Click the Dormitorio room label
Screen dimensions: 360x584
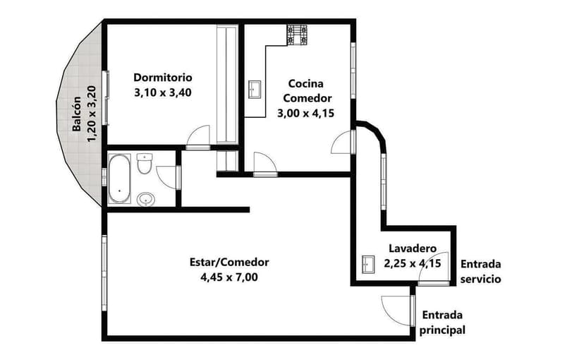tap(163, 77)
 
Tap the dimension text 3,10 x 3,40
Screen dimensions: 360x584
tap(163, 92)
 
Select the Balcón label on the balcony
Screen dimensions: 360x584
tap(77, 114)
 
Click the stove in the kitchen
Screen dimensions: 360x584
tap(297, 35)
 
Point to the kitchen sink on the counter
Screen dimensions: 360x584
tap(255, 90)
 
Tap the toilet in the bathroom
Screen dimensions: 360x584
tap(145, 164)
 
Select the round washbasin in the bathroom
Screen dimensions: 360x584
tap(146, 198)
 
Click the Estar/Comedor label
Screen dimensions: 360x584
tap(229, 262)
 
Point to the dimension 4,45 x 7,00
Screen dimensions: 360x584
tap(229, 277)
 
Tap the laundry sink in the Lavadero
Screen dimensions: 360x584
tap(367, 264)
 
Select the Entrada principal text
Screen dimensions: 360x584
tap(442, 323)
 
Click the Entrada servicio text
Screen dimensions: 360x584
tap(480, 272)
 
